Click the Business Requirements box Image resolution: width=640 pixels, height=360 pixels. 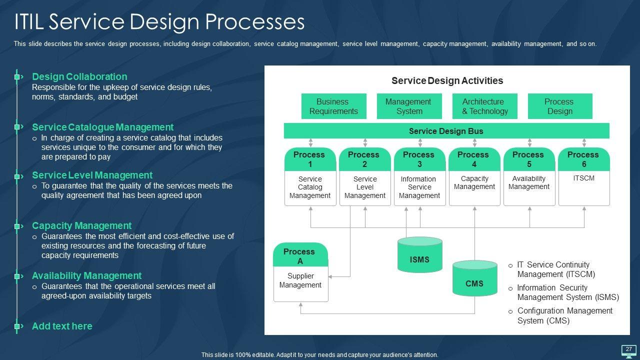[x=333, y=106]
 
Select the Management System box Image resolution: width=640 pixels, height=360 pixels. [x=408, y=106]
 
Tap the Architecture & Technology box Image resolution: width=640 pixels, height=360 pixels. [x=483, y=106]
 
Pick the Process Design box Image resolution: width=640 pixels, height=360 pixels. [x=559, y=106]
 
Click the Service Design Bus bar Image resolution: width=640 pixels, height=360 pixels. [x=446, y=131]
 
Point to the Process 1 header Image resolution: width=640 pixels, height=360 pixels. [x=309, y=159]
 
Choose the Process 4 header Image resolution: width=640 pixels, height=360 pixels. [x=474, y=159]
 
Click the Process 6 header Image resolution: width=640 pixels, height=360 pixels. [x=583, y=159]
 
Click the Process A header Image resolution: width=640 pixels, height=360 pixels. [x=300, y=255]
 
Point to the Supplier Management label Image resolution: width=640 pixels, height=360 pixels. [x=300, y=280]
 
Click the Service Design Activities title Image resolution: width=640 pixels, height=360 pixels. [x=447, y=80]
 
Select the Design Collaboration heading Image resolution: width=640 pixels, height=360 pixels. [x=79, y=76]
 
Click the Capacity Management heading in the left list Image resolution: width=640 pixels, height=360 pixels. [x=81, y=225]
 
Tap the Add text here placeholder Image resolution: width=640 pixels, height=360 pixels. [x=62, y=326]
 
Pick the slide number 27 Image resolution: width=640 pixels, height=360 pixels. [x=629, y=349]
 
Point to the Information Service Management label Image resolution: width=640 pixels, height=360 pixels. [x=419, y=187]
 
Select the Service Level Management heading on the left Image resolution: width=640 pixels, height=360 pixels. [x=92, y=175]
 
